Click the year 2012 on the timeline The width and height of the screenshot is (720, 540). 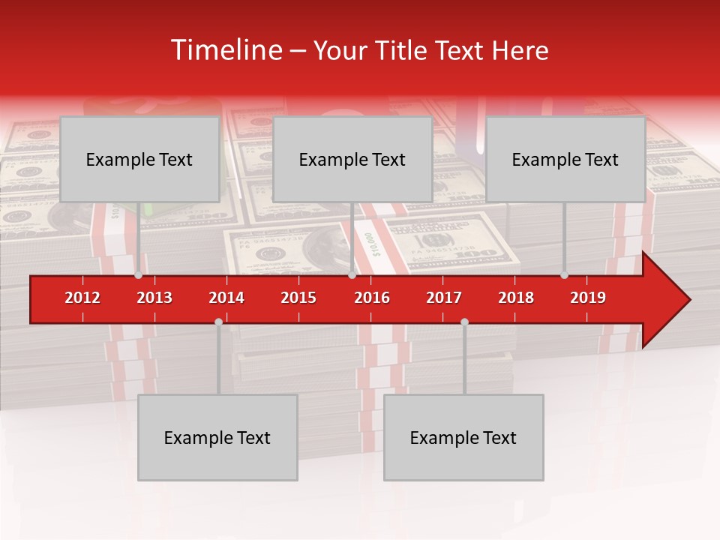pos(82,298)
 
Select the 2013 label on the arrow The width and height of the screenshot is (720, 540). pos(154,298)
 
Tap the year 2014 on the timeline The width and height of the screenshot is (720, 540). pos(226,298)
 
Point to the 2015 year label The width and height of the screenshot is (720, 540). pos(298,298)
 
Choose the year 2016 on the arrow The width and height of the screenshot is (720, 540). pos(372,298)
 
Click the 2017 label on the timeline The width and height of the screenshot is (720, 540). pos(444,298)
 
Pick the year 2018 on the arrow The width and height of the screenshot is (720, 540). pos(516,298)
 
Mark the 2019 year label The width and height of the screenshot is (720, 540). pos(588,298)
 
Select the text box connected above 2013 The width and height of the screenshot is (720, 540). pos(139,159)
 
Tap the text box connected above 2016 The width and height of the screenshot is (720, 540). pos(352,159)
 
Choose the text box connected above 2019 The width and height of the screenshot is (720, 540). pos(565,159)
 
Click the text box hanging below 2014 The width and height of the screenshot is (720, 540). pos(217,437)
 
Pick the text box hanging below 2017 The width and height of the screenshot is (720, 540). pos(463,437)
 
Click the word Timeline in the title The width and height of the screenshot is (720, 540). pos(226,50)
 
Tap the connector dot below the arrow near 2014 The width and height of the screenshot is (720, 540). pos(218,322)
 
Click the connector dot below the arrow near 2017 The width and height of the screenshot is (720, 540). pos(464,322)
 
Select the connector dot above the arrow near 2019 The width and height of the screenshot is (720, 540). pos(565,275)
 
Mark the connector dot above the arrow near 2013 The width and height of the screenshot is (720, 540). pos(139,275)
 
